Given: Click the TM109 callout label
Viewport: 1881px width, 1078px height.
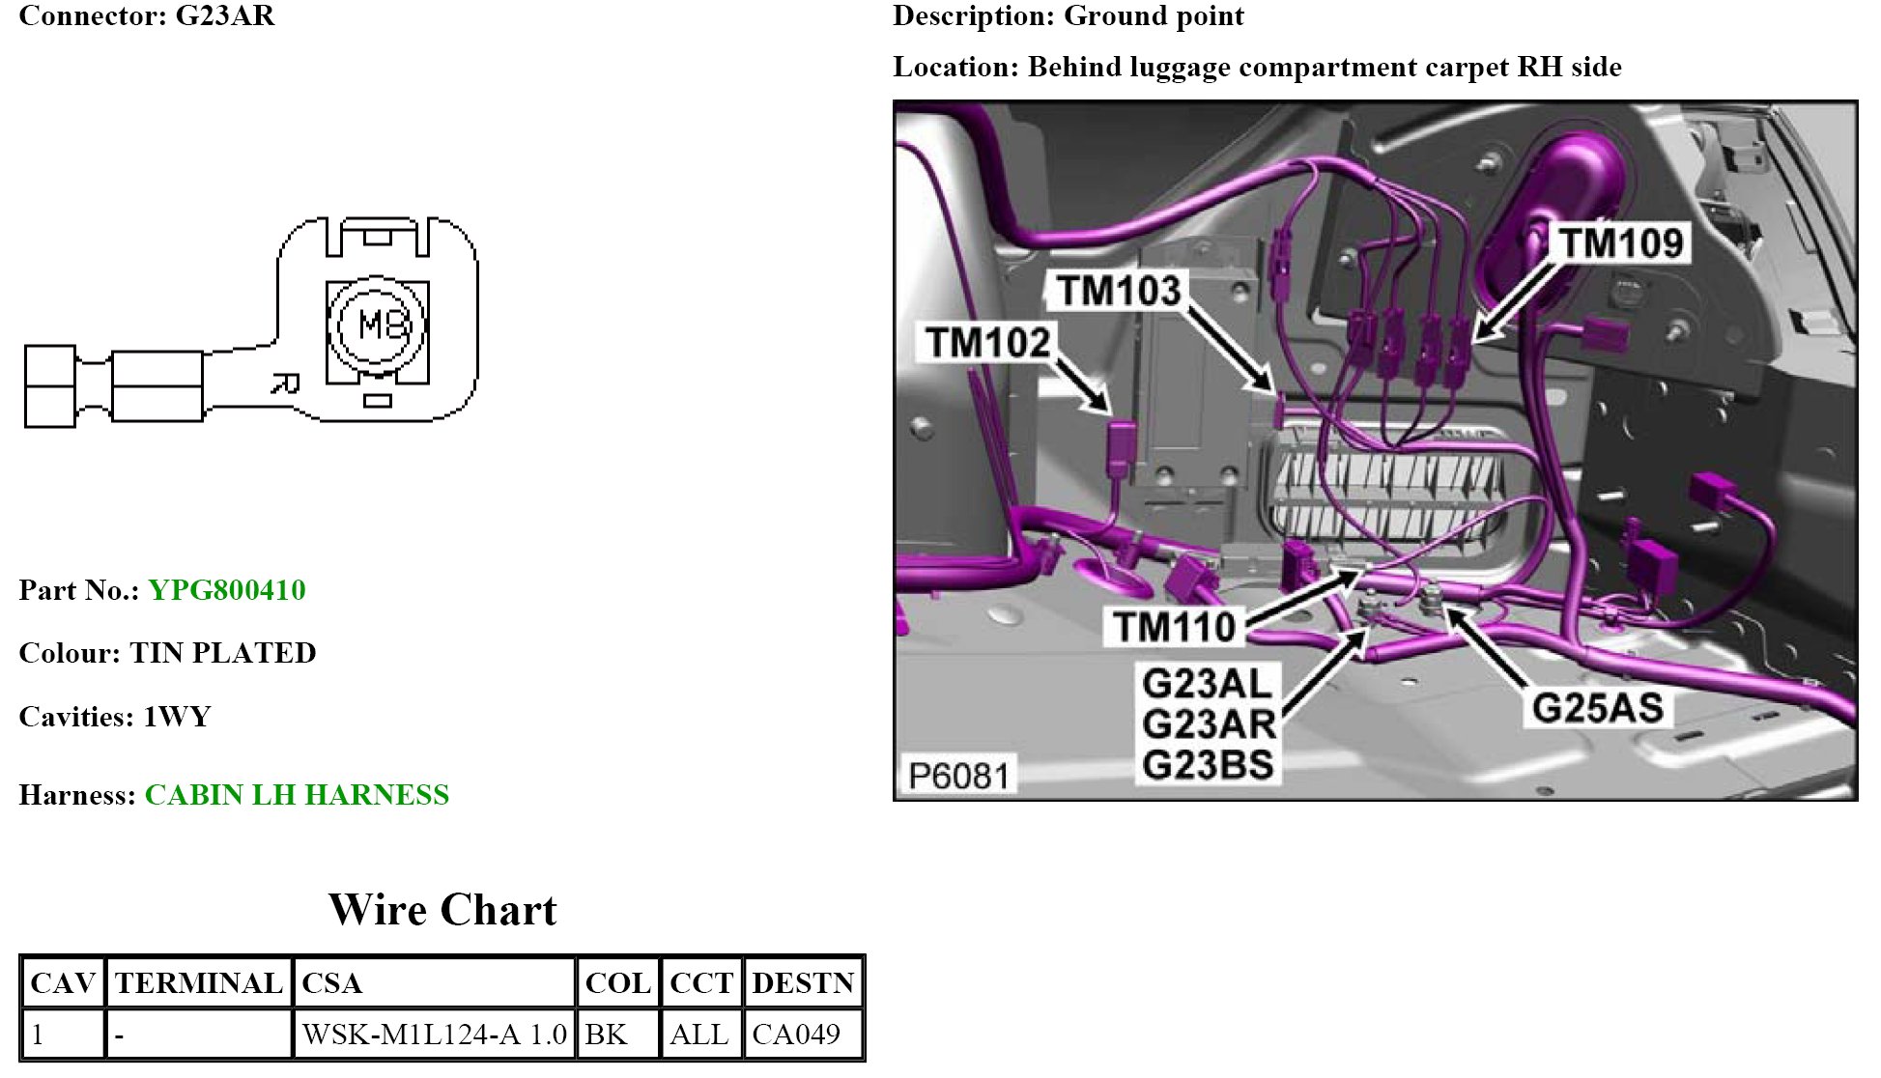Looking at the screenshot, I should [x=1621, y=242].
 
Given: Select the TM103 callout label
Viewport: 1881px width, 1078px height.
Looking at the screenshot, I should [x=1119, y=290].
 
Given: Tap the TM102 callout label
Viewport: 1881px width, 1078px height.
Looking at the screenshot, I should [x=987, y=342].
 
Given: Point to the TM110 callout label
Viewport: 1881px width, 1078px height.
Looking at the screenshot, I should [x=1175, y=627].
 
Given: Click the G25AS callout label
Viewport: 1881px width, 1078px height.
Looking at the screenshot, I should [x=1598, y=708].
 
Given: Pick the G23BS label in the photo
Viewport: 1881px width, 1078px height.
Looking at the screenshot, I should [x=1208, y=765].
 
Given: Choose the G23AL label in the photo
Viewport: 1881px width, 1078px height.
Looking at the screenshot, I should [x=1208, y=684].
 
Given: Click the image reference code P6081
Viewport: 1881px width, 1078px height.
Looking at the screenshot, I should [x=958, y=776].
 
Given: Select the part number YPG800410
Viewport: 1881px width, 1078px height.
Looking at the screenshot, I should [x=227, y=590].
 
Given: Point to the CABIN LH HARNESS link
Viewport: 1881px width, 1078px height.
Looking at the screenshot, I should [x=297, y=795].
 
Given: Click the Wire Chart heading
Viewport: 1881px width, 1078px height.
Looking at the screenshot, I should [x=442, y=910].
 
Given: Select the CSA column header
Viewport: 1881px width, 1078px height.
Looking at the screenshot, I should [x=331, y=983].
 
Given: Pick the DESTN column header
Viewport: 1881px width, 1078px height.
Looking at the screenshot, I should [x=803, y=983].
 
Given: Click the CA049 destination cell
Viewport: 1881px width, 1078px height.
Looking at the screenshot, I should [x=796, y=1035].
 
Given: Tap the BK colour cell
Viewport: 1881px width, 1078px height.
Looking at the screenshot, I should [x=606, y=1035].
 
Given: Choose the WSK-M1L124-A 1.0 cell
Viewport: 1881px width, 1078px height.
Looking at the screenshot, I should [x=434, y=1035].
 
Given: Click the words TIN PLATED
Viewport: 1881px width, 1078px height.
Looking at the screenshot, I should [x=223, y=653].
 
